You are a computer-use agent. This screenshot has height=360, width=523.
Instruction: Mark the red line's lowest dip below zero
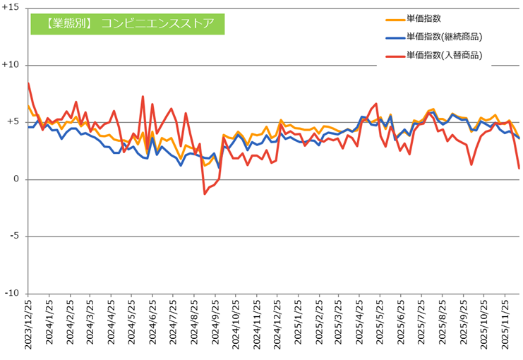(x=205, y=193)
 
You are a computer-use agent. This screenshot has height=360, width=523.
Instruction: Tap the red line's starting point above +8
(x=28, y=83)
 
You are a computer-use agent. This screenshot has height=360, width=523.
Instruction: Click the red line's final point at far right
(x=519, y=168)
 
